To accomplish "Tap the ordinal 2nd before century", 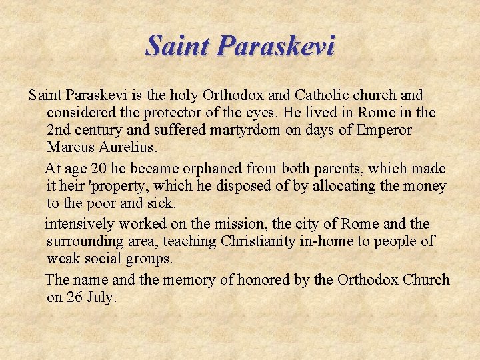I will [61, 130].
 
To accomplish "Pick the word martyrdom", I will [243, 130].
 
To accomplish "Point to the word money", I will [423, 185].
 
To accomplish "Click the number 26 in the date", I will [73, 297].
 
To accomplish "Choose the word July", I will [101, 297].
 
